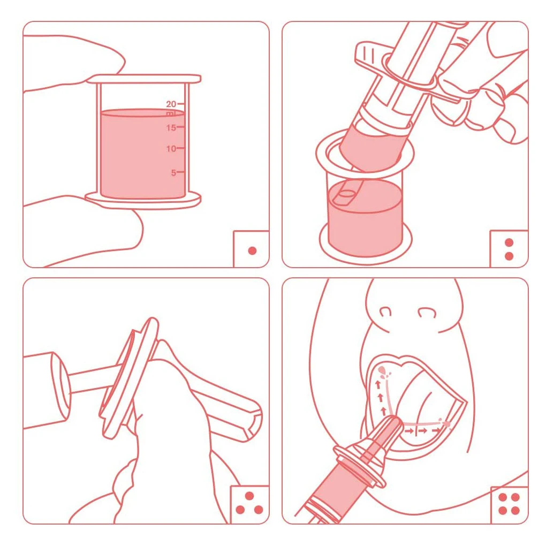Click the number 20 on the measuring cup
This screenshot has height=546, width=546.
[171, 104]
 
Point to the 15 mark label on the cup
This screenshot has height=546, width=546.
[171, 128]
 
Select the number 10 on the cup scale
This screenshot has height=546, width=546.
[171, 149]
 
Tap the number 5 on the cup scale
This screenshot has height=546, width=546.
[173, 173]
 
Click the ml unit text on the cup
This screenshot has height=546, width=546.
[171, 113]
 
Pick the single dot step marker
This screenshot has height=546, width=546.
[253, 251]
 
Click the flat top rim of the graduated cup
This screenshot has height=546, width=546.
[144, 79]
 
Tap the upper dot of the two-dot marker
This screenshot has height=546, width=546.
[509, 242]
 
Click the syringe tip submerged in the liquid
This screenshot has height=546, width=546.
[346, 196]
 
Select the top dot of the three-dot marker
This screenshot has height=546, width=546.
[249, 496]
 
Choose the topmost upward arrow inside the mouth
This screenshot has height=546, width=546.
[378, 385]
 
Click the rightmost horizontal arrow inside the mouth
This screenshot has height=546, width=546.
[436, 431]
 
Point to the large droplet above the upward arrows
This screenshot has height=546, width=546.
[382, 370]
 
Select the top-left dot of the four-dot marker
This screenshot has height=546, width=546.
[503, 497]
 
